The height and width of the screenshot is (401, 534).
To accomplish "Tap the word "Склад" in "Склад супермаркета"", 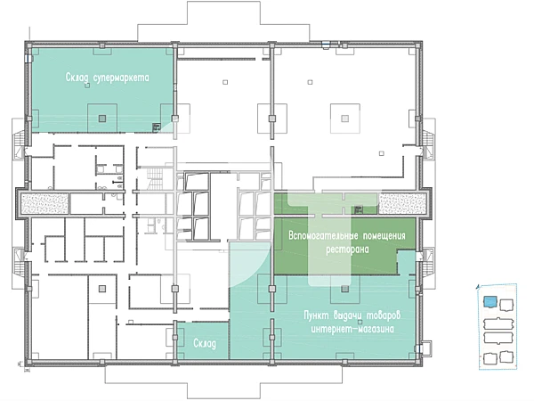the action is point(77,78).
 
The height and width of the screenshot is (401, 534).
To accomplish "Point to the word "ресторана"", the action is point(347,250).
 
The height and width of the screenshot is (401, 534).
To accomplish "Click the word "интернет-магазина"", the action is point(352,329).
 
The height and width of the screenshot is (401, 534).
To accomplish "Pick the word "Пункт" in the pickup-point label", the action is point(316,315).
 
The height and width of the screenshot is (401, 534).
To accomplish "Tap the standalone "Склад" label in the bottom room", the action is point(205,343).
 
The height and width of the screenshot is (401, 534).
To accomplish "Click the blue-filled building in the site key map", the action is point(490,302).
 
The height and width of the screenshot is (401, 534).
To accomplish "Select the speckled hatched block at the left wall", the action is point(44,203).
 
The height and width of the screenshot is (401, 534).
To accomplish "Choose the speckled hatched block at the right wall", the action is point(402,203).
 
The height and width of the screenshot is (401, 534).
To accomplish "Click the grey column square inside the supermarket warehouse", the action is point(102,119).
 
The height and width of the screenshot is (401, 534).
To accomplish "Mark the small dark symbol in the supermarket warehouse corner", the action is point(157,127).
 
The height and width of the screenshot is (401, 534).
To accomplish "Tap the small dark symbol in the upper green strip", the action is point(358,210).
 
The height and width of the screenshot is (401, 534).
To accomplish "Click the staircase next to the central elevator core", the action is point(155,179).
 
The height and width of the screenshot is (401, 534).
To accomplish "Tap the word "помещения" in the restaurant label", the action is point(384,235).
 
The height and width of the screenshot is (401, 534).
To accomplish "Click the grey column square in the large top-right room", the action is point(345,119).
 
